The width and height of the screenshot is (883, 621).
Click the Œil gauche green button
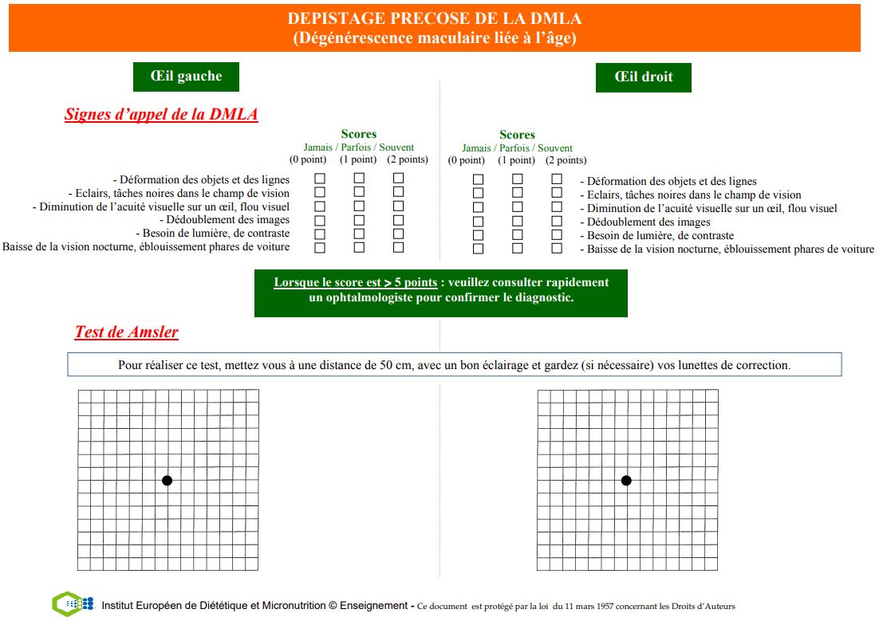coord(186,77)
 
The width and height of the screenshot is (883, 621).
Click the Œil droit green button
coord(643,77)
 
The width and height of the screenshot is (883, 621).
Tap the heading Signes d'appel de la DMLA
coord(161,114)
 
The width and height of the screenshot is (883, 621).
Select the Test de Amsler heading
coord(126,332)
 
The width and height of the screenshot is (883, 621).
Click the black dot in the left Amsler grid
coord(167,480)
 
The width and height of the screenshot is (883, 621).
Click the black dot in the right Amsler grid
coord(626,480)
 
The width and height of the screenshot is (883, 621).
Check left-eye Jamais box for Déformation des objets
coord(320,179)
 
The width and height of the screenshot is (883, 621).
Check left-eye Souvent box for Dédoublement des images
coord(398,219)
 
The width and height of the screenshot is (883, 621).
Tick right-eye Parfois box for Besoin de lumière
coord(517,234)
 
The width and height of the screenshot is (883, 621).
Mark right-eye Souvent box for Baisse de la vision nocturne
coord(557,248)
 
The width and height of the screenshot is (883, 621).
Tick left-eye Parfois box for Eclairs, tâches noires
coord(359,192)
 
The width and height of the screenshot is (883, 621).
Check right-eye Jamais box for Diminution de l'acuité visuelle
coord(478,206)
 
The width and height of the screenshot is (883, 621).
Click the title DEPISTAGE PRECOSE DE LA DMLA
coord(435,18)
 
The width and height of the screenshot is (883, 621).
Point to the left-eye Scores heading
coord(358,134)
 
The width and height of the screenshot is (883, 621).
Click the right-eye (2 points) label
coord(566,160)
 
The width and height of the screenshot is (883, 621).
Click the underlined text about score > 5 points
coord(356,282)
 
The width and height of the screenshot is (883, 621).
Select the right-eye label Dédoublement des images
coord(648,222)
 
